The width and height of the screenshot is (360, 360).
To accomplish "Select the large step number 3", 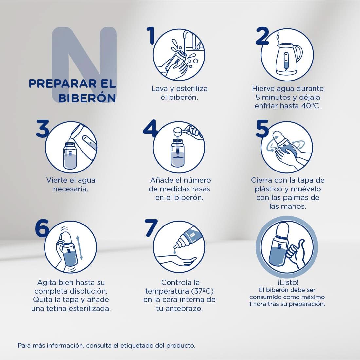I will (x=42, y=129).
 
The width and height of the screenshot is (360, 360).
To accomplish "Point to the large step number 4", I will (x=151, y=129).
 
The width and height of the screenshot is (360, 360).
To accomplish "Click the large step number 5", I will (x=262, y=129).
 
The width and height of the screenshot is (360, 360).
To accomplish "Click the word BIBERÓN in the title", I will (x=87, y=98).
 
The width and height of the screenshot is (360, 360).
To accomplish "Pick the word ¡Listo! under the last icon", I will (x=287, y=282).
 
